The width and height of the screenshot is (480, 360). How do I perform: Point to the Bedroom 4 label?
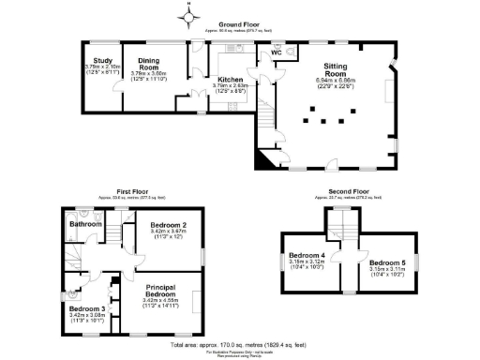[307, 256]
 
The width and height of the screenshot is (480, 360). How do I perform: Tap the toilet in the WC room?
[292, 48]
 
